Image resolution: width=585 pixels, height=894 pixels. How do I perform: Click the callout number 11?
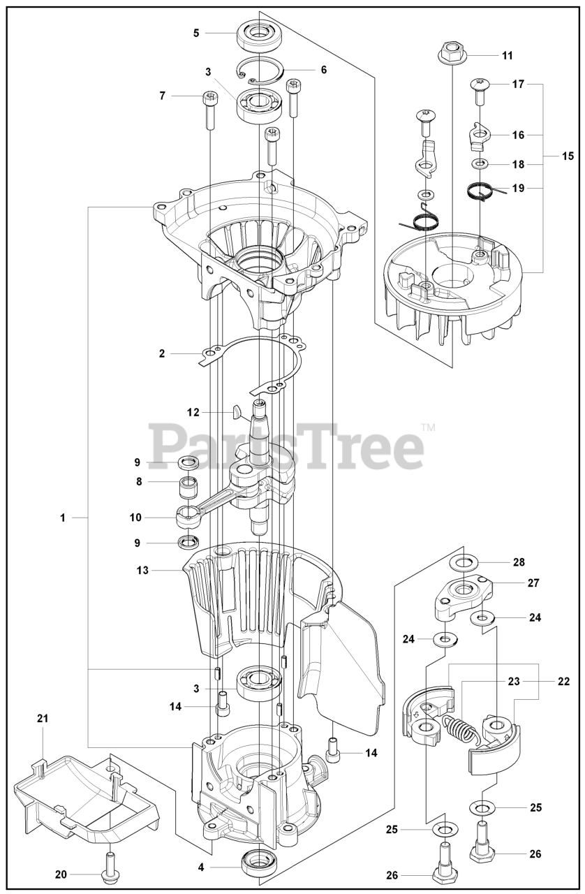point(507,54)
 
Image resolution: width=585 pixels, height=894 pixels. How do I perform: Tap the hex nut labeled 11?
point(451,51)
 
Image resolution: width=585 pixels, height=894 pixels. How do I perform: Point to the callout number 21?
point(43,718)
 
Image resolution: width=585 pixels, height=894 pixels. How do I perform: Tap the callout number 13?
point(142,570)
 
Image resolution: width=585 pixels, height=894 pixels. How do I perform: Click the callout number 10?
point(135,518)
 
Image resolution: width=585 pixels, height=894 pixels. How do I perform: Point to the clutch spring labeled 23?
point(461,729)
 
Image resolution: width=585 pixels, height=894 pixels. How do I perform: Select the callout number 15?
point(568,156)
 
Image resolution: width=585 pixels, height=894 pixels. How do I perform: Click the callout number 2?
point(162,353)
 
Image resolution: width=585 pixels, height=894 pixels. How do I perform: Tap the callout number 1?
point(62,518)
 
